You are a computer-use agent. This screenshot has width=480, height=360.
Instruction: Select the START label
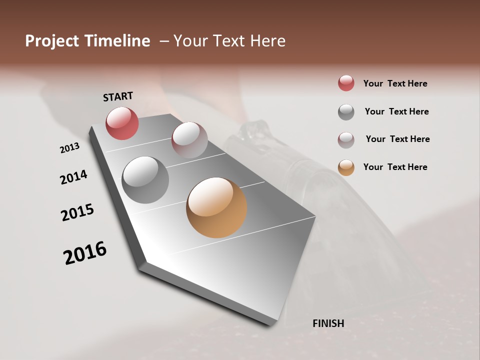click(118, 96)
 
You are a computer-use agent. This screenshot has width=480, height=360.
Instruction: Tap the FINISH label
click(328, 323)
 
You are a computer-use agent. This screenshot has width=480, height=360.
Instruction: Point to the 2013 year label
click(69, 148)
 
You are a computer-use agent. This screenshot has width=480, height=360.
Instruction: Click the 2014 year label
click(73, 177)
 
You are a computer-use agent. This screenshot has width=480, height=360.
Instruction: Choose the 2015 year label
click(77, 212)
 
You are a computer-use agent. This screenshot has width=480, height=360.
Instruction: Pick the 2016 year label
click(85, 252)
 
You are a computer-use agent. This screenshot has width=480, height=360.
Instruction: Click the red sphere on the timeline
click(122, 123)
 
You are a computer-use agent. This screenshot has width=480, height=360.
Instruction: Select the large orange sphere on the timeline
click(216, 207)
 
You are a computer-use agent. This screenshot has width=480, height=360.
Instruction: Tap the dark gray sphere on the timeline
click(145, 180)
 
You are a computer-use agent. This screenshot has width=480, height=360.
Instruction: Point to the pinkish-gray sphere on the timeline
click(189, 140)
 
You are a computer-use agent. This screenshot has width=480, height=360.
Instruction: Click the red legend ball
click(346, 83)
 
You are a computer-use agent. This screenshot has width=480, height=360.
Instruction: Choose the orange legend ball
click(346, 167)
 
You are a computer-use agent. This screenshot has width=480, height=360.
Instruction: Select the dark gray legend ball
click(346, 112)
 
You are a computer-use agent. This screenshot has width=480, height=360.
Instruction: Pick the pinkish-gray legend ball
click(346, 140)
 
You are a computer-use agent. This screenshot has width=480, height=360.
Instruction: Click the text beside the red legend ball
click(395, 83)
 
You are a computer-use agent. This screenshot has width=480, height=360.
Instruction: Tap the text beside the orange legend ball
click(395, 167)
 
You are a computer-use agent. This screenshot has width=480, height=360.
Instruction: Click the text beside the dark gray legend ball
click(396, 111)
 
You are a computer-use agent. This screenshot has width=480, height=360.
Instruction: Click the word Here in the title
click(266, 41)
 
